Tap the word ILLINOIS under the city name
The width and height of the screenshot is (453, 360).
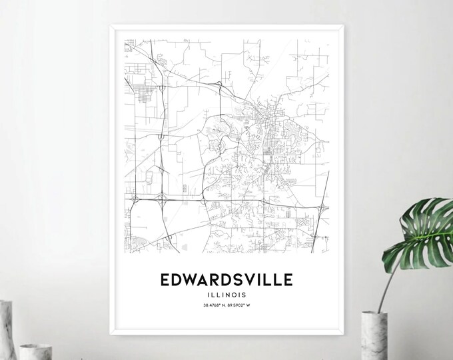[x=226, y=295]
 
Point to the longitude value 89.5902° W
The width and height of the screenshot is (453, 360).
[x=244, y=306]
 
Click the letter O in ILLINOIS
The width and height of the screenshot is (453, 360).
[x=238, y=295]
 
